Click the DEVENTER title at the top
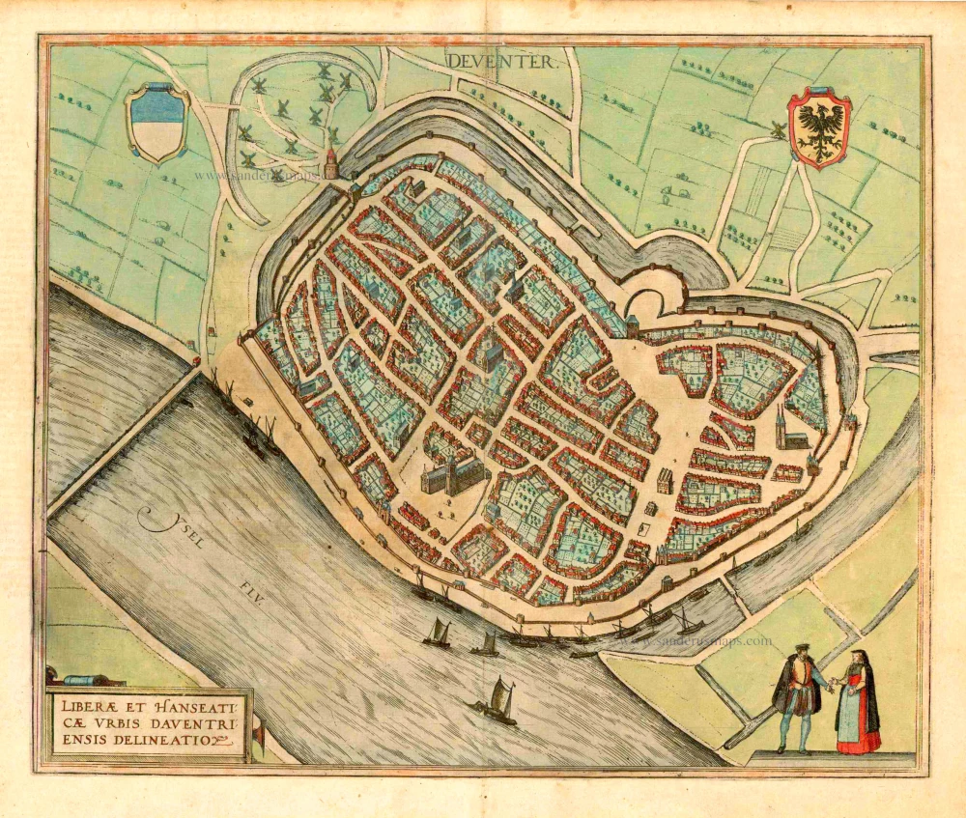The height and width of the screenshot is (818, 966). pyautogui.click(x=500, y=62)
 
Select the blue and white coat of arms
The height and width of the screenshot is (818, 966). pyautogui.click(x=156, y=123)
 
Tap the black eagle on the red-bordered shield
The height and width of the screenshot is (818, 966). pyautogui.click(x=819, y=127)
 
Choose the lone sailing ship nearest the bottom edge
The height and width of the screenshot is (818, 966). pyautogui.click(x=497, y=700)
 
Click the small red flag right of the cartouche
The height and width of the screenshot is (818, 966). pyautogui.click(x=259, y=734)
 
